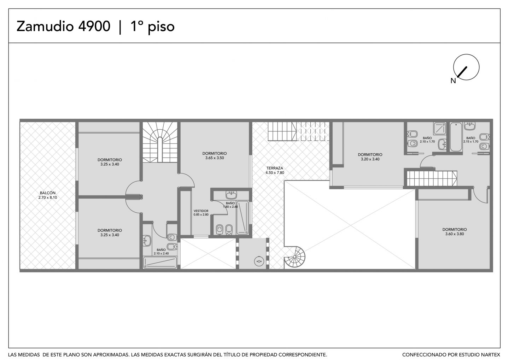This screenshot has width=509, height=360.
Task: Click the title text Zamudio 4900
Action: [x=63, y=26]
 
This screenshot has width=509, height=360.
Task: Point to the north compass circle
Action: [x=466, y=67]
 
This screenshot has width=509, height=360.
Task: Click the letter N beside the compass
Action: [x=453, y=81]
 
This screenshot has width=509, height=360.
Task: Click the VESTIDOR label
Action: [x=201, y=211]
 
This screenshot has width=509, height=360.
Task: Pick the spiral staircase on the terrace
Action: [x=294, y=257]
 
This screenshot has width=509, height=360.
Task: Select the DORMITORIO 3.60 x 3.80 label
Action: [x=455, y=231]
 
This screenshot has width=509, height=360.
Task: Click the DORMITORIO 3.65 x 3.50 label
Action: [x=215, y=155]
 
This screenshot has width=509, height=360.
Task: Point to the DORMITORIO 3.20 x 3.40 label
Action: [x=370, y=157]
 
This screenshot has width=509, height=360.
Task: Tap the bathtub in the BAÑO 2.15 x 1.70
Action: [x=456, y=137]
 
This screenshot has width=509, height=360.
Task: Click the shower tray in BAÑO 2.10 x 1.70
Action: [x=440, y=128]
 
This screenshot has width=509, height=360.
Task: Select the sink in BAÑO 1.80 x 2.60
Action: [x=231, y=195]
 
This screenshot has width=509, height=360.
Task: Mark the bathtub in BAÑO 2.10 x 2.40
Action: [x=160, y=262]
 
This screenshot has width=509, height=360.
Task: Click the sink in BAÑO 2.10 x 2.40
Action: [x=147, y=241]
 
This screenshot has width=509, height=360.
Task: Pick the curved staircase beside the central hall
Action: [x=160, y=142]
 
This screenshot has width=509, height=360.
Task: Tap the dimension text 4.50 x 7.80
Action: [x=275, y=172]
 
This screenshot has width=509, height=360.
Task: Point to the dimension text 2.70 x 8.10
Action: [x=48, y=197]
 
